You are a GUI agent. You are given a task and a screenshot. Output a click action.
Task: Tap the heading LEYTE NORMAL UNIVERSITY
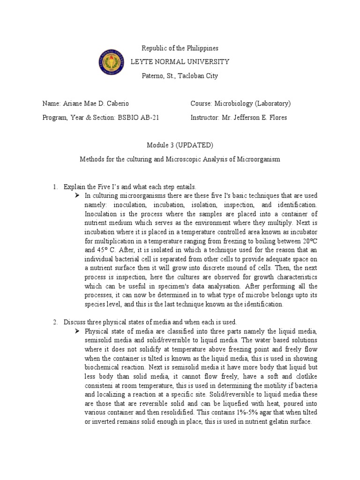(180, 62)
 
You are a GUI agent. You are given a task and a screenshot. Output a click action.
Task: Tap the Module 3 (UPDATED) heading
(180, 145)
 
